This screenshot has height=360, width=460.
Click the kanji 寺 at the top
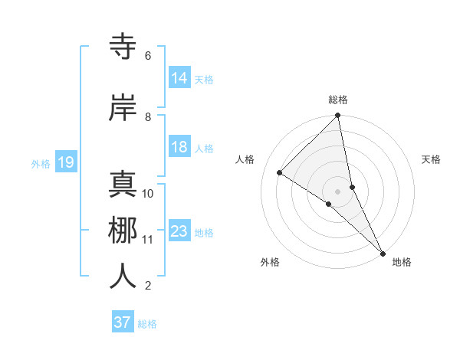click(123, 47)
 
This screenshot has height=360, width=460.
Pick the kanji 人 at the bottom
click(123, 276)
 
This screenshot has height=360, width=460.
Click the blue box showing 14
click(179, 78)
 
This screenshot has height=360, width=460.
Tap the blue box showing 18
click(179, 147)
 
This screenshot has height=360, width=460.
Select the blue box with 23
click(179, 231)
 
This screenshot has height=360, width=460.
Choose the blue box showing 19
click(65, 162)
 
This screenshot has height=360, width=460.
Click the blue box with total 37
click(122, 322)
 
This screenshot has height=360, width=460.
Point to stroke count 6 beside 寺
click(147, 56)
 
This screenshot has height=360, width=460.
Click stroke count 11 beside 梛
click(147, 240)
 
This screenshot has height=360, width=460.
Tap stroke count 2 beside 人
click(147, 286)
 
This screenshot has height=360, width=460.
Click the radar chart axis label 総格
click(338, 100)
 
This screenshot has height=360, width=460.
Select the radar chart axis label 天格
click(432, 159)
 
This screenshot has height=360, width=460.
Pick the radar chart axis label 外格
click(270, 262)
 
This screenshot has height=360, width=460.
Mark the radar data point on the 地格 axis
click(383, 252)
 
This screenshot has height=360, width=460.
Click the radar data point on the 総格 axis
click(337, 116)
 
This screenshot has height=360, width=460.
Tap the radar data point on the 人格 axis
click(280, 172)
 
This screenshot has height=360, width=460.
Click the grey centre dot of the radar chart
click(337, 191)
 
